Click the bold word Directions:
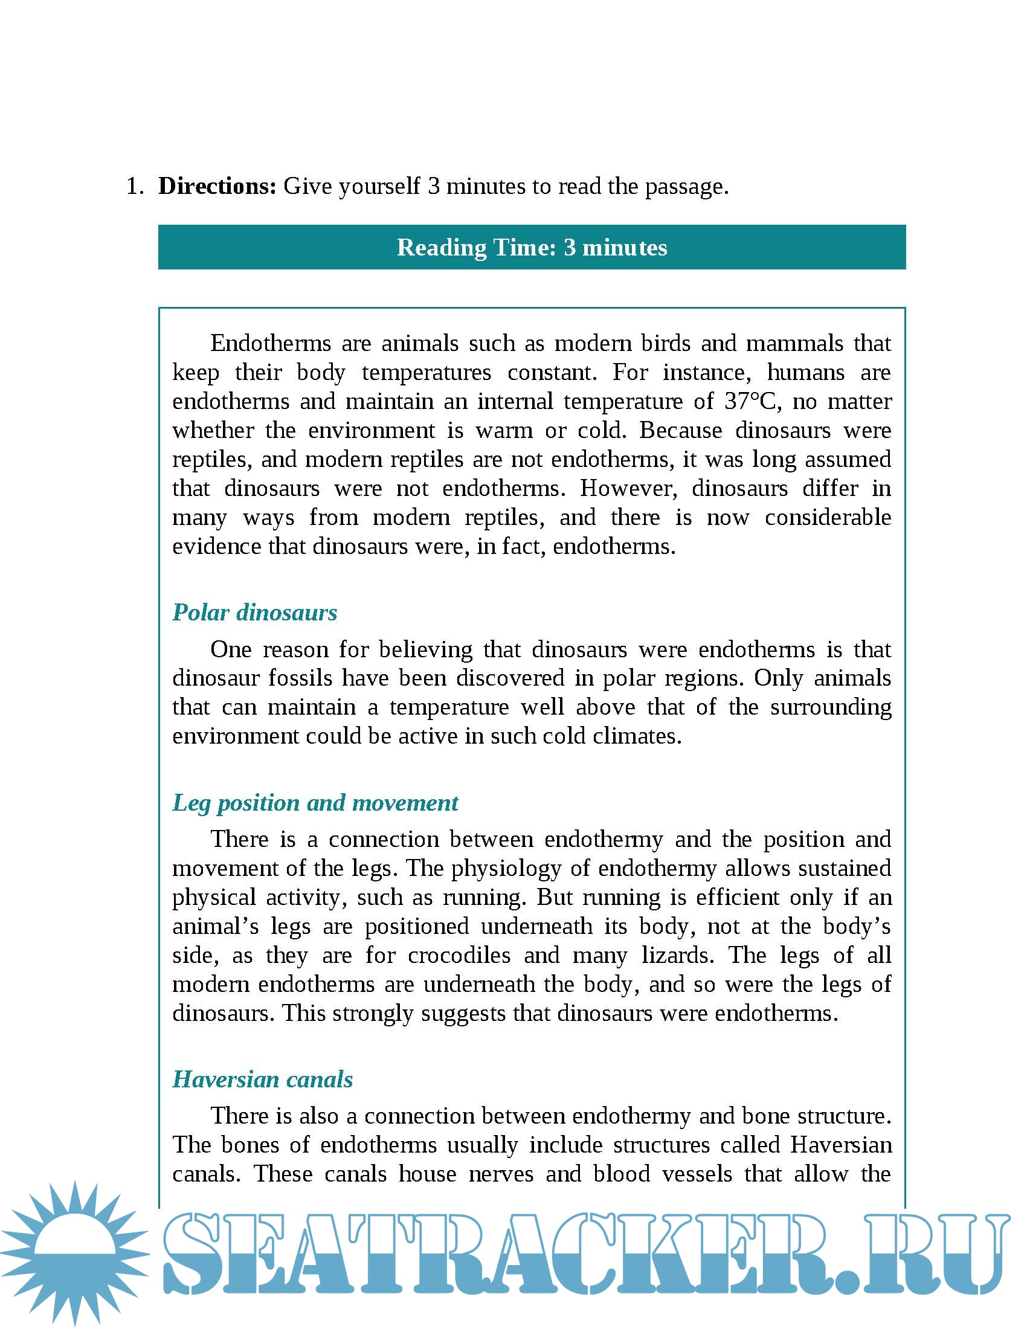tap(217, 186)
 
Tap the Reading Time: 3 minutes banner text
tap(532, 248)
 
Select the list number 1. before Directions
tap(135, 186)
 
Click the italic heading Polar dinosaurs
tap(254, 612)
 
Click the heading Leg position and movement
tap(315, 803)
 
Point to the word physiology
tap(506, 868)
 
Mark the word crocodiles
tap(459, 956)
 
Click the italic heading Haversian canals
tap(262, 1080)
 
